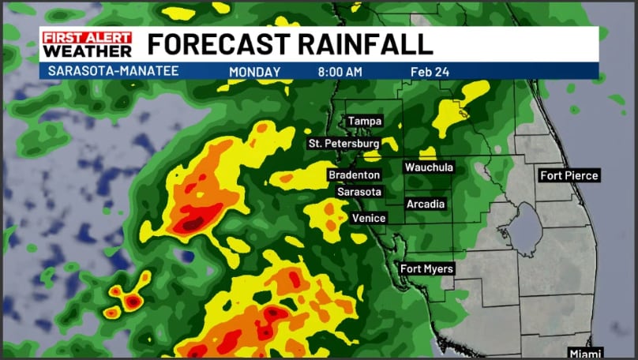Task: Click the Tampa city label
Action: coord(365,122)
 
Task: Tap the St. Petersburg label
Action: coord(343,144)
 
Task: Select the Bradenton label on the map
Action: coord(355,174)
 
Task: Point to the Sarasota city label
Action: coord(359,192)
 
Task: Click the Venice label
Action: coord(369,217)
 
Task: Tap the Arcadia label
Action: coord(426,204)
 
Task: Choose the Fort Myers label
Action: coord(427,269)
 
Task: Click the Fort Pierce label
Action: coord(569,175)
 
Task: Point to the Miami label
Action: coord(585,352)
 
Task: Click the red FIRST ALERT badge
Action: coord(87,36)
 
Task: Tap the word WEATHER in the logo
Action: coord(87,51)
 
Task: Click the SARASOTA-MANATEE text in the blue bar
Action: coord(114,71)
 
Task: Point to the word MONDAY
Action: coord(254,72)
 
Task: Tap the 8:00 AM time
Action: coord(340,72)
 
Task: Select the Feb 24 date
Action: coord(430,72)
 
